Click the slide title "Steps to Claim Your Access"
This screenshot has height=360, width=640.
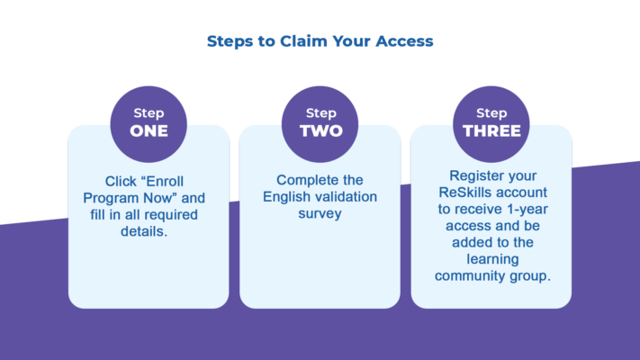point(320,40)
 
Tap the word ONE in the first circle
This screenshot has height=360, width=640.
point(149,130)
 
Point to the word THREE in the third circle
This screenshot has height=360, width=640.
point(491,130)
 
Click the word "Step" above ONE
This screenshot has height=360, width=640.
point(149,113)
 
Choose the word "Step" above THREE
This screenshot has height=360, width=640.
point(491,113)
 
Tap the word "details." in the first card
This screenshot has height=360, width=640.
point(149,232)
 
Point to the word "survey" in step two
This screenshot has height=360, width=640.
point(320,215)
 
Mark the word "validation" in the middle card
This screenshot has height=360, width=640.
point(346,198)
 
